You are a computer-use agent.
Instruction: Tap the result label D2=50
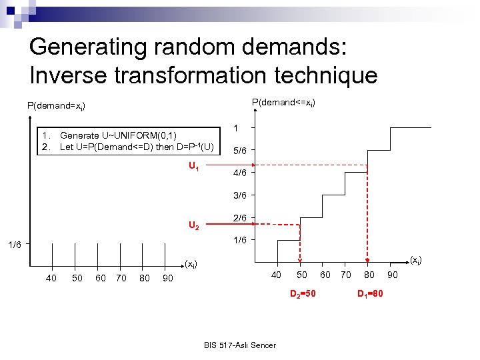[303, 294]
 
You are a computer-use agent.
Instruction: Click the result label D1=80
[370, 294]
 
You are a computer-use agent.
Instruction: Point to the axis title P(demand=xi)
[56, 105]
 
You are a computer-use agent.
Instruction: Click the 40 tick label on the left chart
[51, 278]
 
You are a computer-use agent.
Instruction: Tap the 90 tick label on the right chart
[393, 275]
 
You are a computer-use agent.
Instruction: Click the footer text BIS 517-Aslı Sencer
[240, 345]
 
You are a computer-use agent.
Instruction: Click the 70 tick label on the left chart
[121, 278]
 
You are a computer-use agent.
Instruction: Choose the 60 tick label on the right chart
[325, 275]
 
